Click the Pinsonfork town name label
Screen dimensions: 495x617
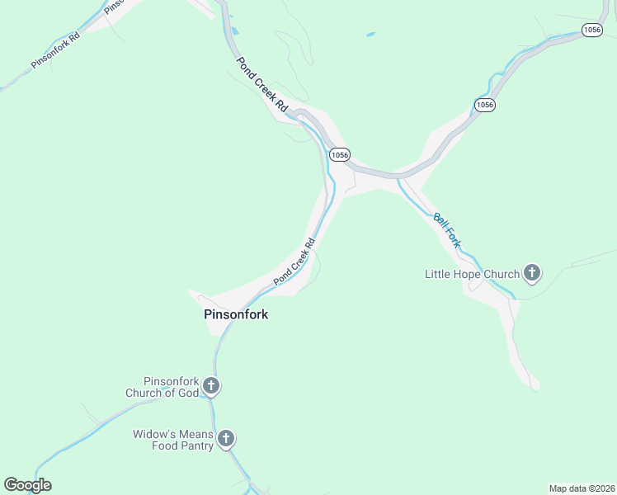(x=236, y=314)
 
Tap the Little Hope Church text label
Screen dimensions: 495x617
(x=472, y=274)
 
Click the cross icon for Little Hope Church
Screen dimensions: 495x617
(x=532, y=272)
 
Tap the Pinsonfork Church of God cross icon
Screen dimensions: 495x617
(x=211, y=385)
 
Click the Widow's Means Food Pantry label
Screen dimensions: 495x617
(x=173, y=440)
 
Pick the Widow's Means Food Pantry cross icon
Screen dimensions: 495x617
(x=226, y=438)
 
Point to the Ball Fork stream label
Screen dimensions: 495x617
(x=446, y=230)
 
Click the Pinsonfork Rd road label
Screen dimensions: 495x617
(x=54, y=51)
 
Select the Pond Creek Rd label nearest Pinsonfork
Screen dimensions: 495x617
(x=295, y=262)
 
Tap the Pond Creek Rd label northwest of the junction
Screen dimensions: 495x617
(x=261, y=84)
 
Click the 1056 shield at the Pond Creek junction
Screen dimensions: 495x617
(x=340, y=154)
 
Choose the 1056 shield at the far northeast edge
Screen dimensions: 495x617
(x=591, y=30)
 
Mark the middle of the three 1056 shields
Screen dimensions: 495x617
(x=484, y=105)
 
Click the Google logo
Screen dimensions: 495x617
(x=27, y=485)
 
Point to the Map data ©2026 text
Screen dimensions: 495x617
(x=582, y=488)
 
